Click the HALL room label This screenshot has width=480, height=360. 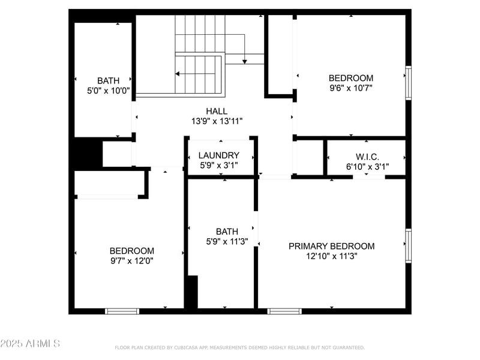[216, 111]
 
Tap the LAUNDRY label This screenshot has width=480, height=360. [218, 155]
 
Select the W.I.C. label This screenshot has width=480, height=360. [367, 157]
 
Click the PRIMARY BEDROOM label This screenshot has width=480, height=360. [331, 246]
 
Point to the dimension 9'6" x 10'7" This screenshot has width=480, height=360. [350, 88]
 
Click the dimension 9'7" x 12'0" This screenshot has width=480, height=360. [131, 260]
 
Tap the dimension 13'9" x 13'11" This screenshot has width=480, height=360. [216, 121]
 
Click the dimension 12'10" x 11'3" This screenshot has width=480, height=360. [331, 256]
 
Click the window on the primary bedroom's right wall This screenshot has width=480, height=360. [409, 245]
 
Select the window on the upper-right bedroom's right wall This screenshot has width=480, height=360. [409, 82]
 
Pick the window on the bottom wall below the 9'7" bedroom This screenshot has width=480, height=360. [122, 311]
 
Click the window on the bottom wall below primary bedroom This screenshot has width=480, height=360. [284, 311]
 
